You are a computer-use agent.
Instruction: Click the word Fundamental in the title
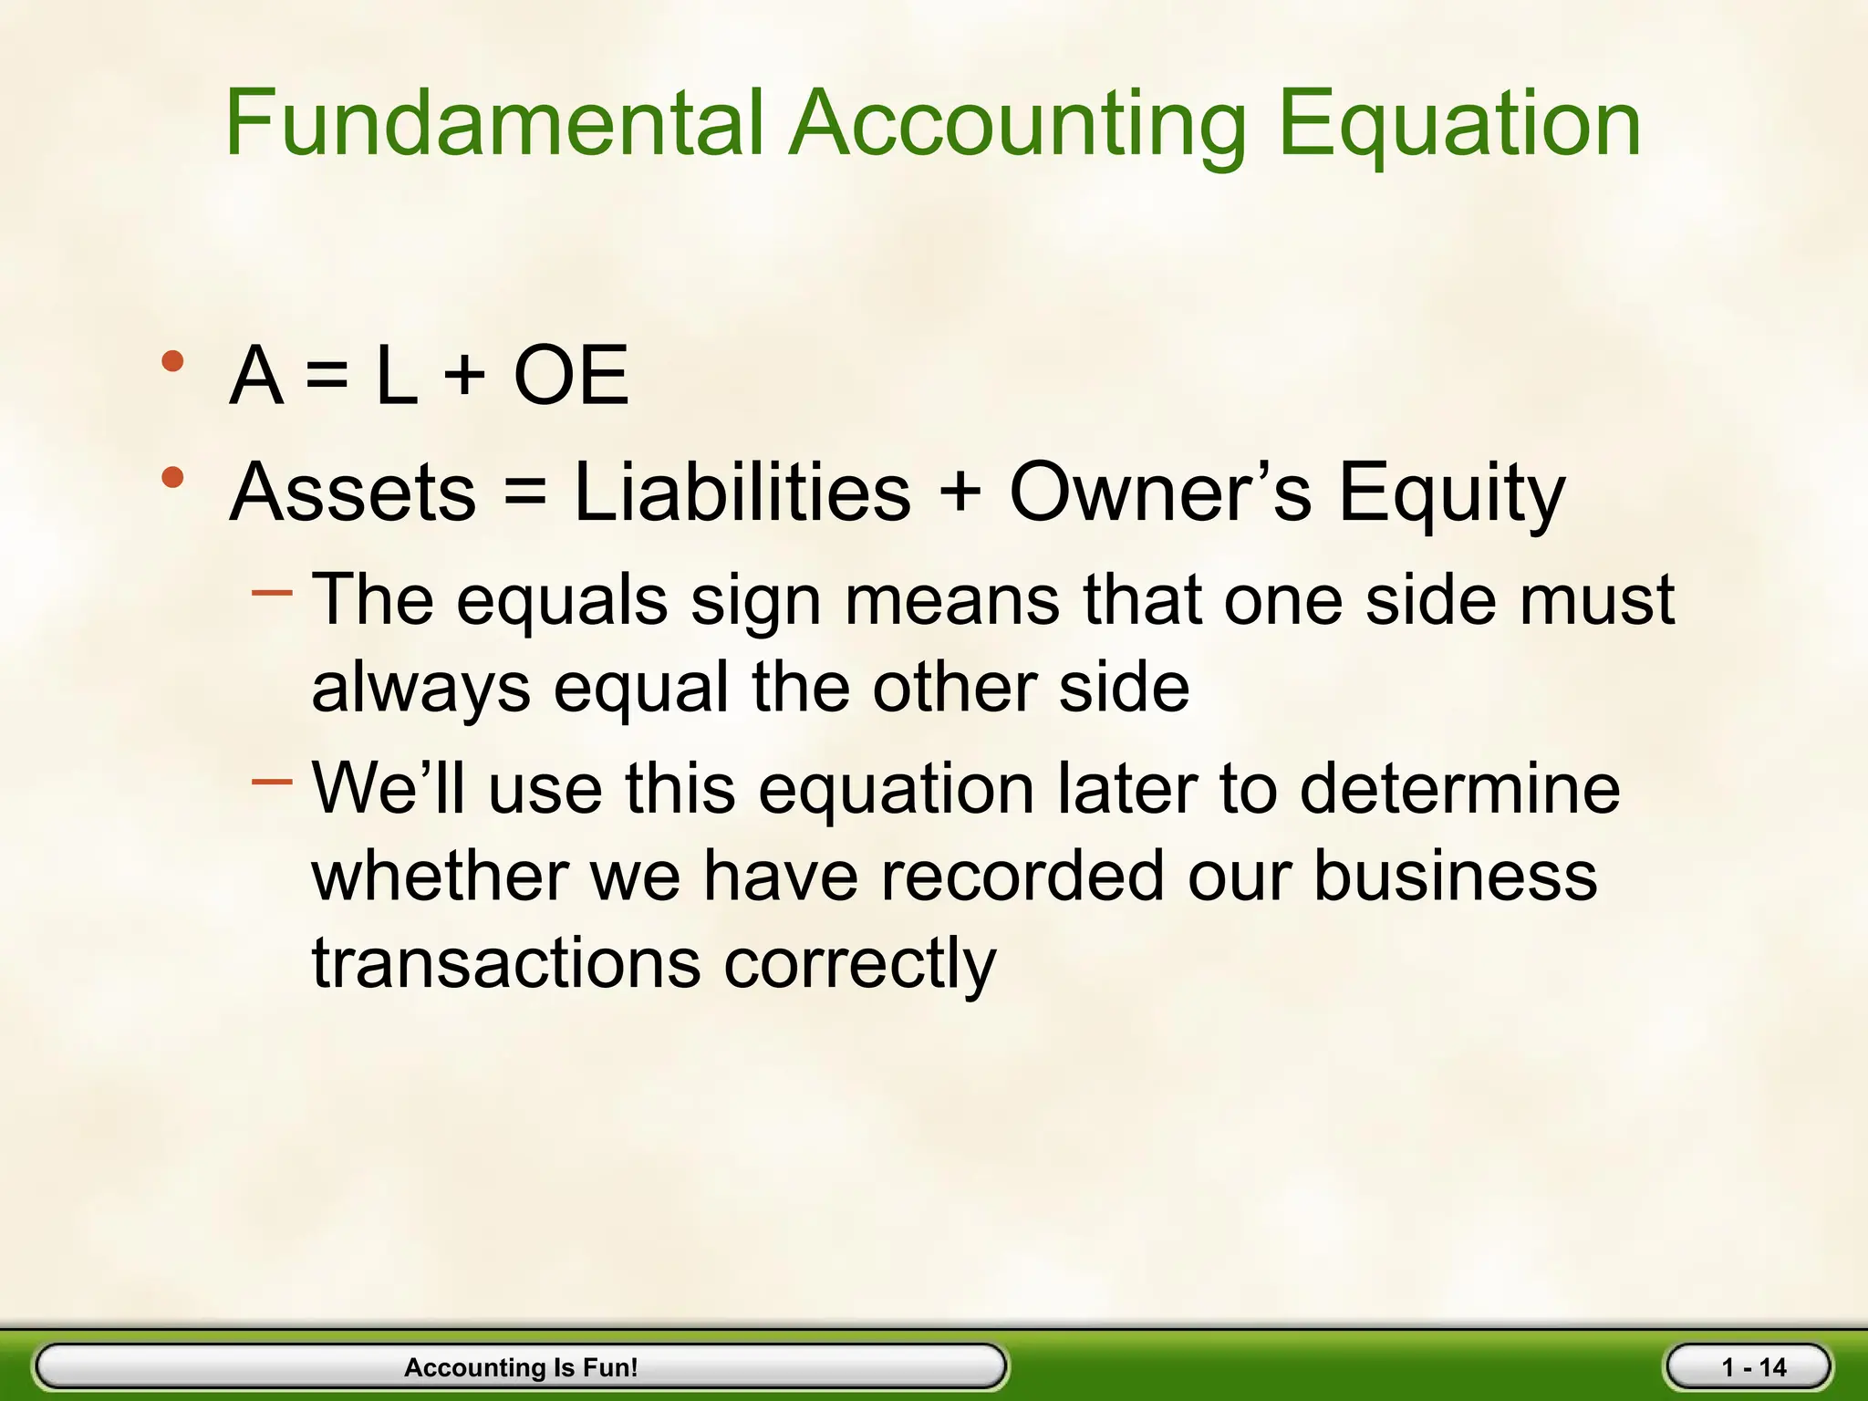[x=493, y=123]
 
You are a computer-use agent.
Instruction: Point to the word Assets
[x=352, y=493]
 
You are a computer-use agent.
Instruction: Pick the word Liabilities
[x=742, y=493]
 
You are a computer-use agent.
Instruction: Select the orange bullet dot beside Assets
[x=172, y=477]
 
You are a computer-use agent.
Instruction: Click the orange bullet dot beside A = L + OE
[x=172, y=361]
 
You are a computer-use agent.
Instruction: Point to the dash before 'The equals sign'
[x=272, y=594]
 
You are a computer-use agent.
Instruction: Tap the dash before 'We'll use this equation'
[x=272, y=782]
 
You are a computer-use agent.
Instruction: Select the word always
[x=420, y=689]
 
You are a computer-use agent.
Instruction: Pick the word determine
[x=1459, y=788]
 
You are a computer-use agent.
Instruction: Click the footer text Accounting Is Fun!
[x=521, y=1367]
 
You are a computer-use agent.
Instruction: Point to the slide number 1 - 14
[x=1753, y=1367]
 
